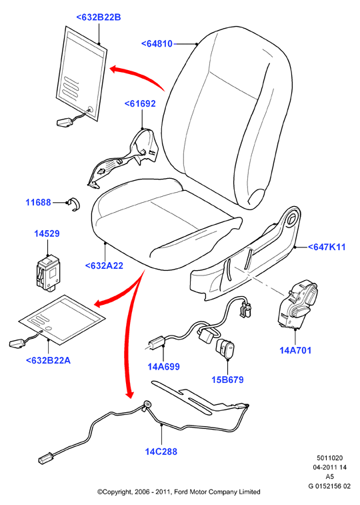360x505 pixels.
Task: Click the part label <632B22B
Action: tap(99, 17)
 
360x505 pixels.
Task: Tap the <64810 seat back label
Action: tap(157, 43)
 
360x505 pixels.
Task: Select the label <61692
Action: tap(140, 103)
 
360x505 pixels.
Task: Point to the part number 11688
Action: tap(38, 202)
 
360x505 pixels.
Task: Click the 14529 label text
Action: tap(47, 233)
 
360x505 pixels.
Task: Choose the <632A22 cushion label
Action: tap(104, 266)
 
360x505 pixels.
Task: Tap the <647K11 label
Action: tap(327, 247)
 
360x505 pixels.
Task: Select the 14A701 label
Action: tap(295, 350)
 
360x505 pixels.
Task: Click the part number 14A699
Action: tap(163, 366)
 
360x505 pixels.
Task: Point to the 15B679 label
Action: tap(227, 380)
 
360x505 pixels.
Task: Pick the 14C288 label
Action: tap(161, 452)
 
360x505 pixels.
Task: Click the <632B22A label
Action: tap(48, 360)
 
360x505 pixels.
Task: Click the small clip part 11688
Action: tap(75, 204)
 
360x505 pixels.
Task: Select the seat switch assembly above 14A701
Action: tap(297, 304)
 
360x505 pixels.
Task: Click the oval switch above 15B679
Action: tap(225, 349)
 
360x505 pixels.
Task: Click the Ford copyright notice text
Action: tap(179, 492)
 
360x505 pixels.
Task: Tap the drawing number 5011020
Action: tap(330, 458)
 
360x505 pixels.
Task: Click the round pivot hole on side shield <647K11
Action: tap(293, 219)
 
